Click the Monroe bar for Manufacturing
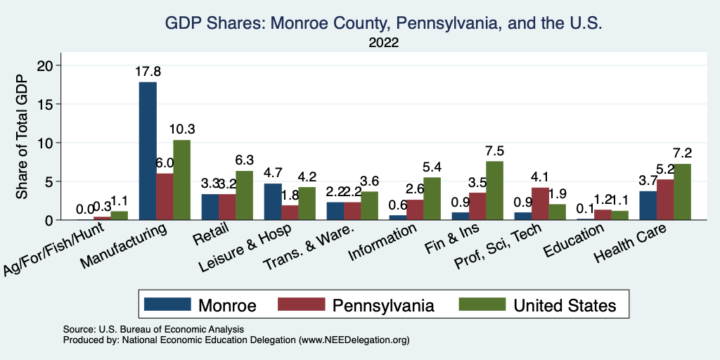tap(148, 151)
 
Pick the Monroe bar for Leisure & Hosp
tap(272, 202)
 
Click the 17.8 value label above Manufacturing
tap(148, 72)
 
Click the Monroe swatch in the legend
tap(167, 304)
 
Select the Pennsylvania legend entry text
tap(383, 305)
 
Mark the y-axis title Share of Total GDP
tap(23, 143)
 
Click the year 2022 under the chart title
tap(383, 43)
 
